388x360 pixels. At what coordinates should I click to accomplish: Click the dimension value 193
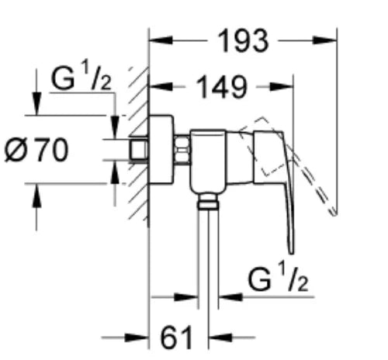pyautogui.click(x=243, y=41)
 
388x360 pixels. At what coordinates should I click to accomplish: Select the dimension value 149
pyautogui.click(x=221, y=87)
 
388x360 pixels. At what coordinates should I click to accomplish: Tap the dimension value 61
pyautogui.click(x=176, y=337)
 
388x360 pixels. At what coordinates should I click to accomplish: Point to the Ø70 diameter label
pyautogui.click(x=36, y=150)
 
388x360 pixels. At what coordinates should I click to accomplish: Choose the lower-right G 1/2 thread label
pyautogui.click(x=278, y=279)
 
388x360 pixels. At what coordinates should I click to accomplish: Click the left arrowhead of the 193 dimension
pyautogui.click(x=161, y=40)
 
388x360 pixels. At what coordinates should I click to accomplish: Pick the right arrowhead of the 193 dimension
pyautogui.click(x=325, y=40)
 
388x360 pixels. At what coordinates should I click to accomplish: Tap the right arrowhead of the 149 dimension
pyautogui.click(x=282, y=87)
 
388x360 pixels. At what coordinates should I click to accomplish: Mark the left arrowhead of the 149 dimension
pyautogui.click(x=161, y=87)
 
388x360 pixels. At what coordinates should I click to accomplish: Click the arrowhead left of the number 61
pyautogui.click(x=137, y=337)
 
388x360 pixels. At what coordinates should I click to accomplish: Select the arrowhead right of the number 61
pyautogui.click(x=220, y=337)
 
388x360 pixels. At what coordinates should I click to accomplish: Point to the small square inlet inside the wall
pyautogui.click(x=139, y=150)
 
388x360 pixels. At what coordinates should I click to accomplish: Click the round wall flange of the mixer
pyautogui.click(x=161, y=150)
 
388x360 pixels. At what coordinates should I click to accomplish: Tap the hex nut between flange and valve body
pyautogui.click(x=182, y=150)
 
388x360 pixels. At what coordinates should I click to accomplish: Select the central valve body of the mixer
pyautogui.click(x=208, y=161)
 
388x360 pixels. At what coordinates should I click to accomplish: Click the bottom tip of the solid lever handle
pyautogui.click(x=291, y=253)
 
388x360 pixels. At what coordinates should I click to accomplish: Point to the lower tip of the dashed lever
pyautogui.click(x=334, y=213)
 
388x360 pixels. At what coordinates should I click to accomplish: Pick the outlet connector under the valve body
pyautogui.click(x=208, y=201)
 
